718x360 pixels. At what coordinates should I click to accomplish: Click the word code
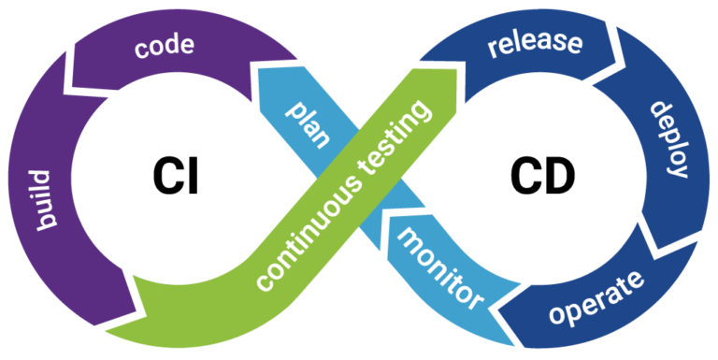click(x=165, y=46)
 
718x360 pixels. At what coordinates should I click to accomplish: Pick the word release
click(x=534, y=44)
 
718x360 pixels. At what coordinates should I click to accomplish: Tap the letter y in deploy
click(x=677, y=168)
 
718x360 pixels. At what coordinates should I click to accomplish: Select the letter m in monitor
click(x=409, y=238)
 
